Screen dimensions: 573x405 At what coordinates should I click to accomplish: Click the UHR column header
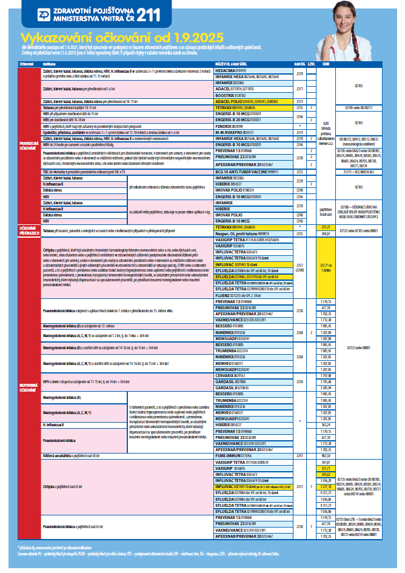pos(326,63)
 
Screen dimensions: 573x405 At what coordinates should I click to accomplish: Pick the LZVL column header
pos(310,63)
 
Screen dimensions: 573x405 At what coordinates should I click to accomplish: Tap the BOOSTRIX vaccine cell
pos(230,96)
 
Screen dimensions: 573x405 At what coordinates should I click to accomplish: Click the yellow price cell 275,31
pos(326,226)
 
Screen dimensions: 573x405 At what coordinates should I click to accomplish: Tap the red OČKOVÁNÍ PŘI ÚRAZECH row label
pos(28,229)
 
